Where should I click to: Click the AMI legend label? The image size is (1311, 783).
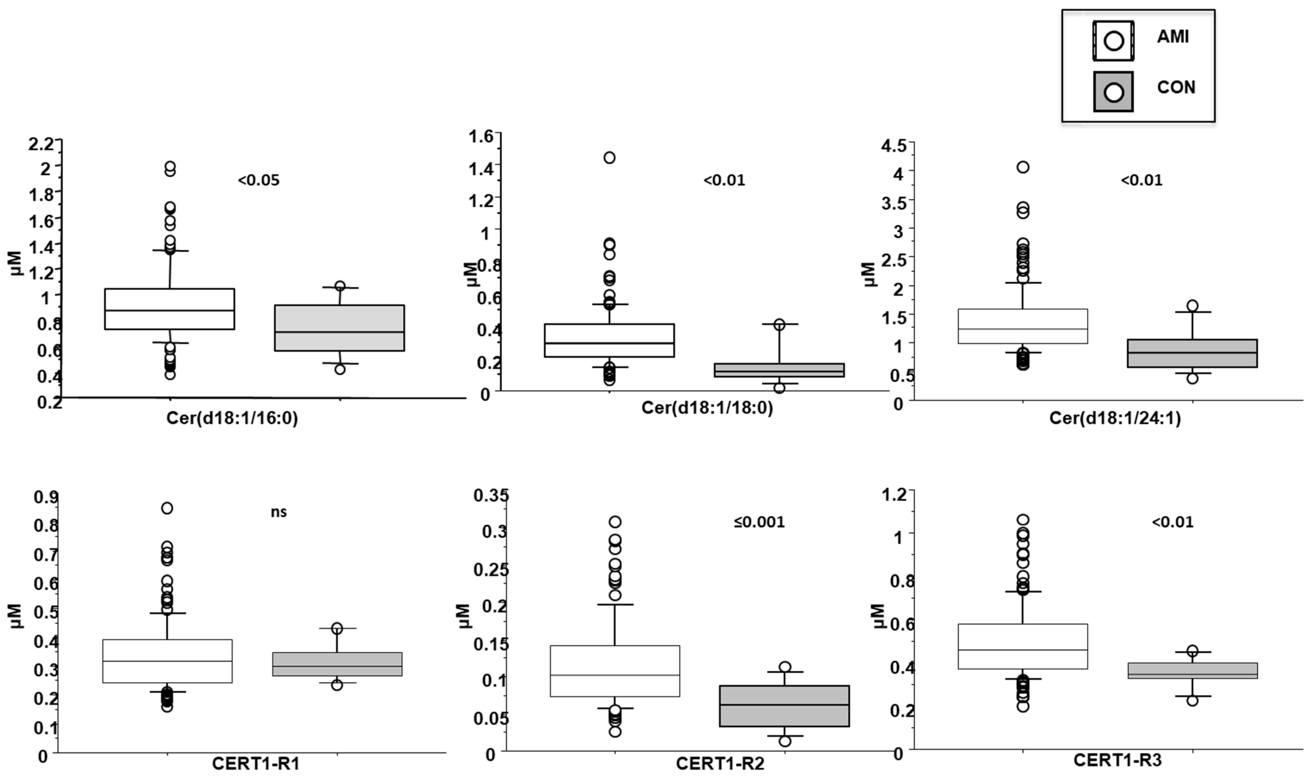coord(1173,37)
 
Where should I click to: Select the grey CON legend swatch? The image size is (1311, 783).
coord(1113,92)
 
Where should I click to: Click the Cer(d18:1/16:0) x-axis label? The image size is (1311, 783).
coord(232,418)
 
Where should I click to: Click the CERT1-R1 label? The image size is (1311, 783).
coord(255,764)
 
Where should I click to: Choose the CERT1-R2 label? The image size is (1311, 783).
coord(720,764)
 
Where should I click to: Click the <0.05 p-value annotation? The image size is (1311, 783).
coord(258,180)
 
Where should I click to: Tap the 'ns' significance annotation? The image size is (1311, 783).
coord(279,512)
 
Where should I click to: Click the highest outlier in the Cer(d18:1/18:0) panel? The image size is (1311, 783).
coord(609,158)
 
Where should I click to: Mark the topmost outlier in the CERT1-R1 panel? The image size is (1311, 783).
coord(167,508)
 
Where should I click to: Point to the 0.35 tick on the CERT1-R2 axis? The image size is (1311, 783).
coord(491,496)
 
